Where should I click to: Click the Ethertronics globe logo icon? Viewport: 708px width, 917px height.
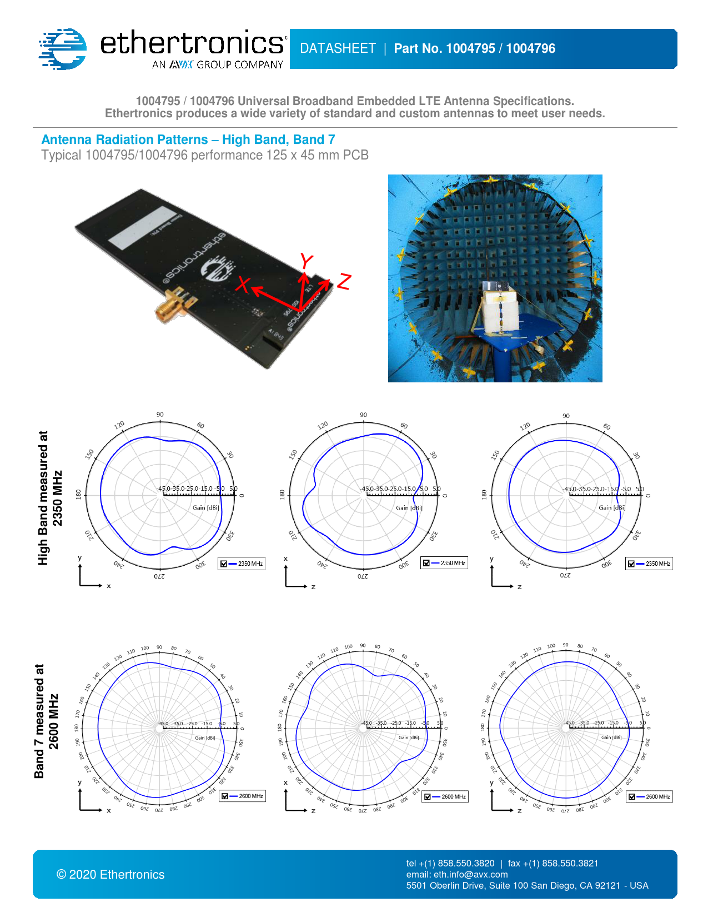tap(63, 49)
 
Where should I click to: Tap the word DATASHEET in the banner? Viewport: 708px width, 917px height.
tap(338, 49)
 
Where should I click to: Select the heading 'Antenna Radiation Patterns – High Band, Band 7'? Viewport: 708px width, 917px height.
tap(188, 139)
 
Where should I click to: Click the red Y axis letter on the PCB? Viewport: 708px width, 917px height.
tap(306, 261)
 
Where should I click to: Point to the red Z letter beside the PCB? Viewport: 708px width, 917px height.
tap(344, 281)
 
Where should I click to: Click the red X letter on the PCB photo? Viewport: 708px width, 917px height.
tap(243, 284)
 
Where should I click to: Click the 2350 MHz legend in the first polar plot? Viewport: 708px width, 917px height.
tap(242, 564)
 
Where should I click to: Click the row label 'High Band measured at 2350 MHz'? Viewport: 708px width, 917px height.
tap(50, 497)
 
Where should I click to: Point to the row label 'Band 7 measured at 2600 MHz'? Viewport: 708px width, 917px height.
tap(47, 721)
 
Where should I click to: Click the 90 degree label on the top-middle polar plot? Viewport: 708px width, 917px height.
tap(363, 415)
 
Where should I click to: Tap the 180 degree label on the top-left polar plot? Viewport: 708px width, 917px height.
tap(78, 494)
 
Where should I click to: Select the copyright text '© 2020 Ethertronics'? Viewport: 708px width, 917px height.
tap(111, 875)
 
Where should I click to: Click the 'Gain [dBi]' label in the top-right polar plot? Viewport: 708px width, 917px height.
tap(611, 507)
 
